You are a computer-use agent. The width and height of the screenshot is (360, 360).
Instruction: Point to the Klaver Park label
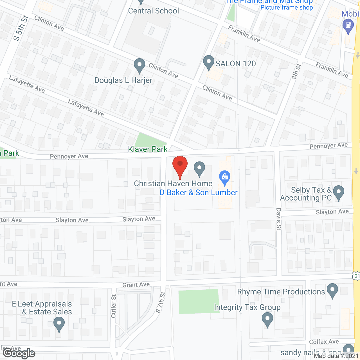tap(148, 149)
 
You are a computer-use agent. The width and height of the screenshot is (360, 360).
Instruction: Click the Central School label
tap(153, 11)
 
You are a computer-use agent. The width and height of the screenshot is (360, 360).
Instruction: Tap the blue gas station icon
tap(348, 26)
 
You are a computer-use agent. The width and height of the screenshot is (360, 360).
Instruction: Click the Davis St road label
tap(279, 219)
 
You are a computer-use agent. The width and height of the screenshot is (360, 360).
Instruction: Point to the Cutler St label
tap(114, 306)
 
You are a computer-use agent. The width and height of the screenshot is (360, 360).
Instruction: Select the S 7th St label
tap(161, 302)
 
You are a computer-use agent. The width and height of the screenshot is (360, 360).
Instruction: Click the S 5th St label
tap(21, 28)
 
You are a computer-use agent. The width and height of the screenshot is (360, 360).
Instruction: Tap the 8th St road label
tap(296, 72)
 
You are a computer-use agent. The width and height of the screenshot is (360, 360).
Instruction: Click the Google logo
tap(19, 353)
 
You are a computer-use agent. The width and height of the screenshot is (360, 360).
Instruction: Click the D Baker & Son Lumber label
tap(199, 193)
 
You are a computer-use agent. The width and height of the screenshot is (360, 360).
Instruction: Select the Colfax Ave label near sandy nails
tap(324, 342)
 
